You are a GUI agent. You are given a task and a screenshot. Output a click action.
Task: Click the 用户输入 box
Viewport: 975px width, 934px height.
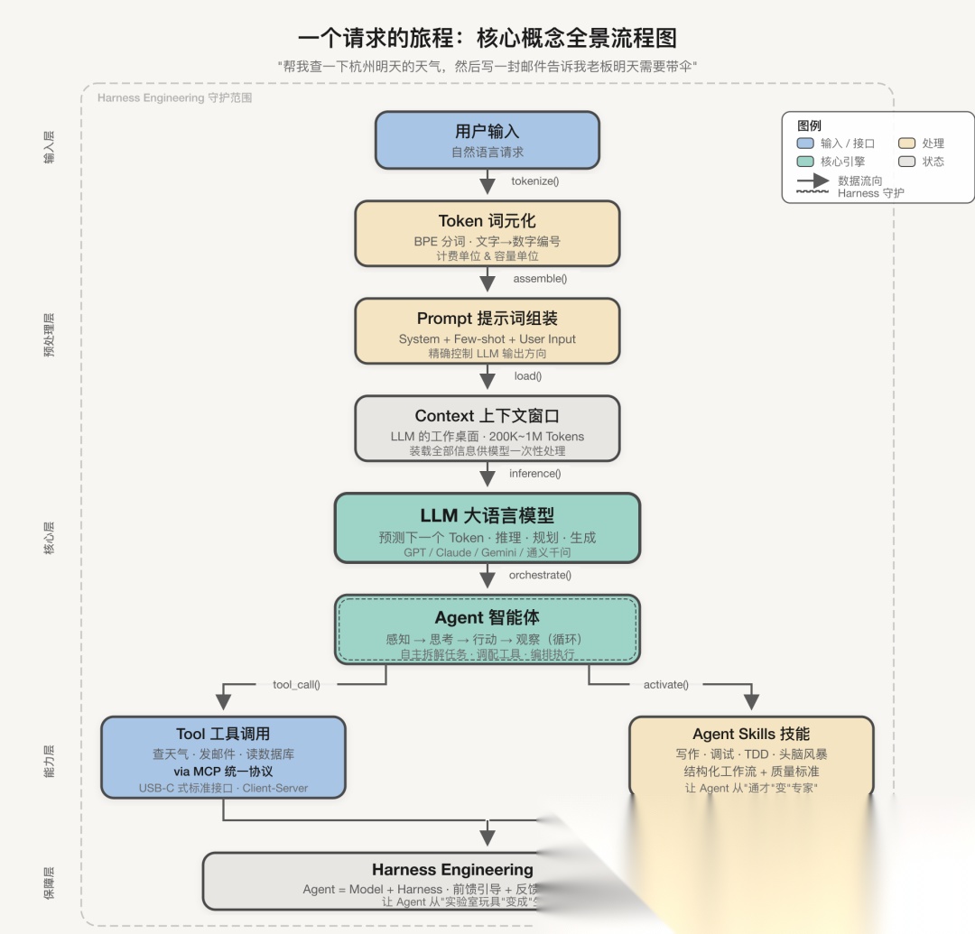487,140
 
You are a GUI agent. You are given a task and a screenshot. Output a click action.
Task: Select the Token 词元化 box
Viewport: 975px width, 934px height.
487,233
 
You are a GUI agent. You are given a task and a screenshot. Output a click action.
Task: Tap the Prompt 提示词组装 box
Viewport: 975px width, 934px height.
487,330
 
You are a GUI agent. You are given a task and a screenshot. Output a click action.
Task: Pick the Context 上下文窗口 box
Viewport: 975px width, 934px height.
487,428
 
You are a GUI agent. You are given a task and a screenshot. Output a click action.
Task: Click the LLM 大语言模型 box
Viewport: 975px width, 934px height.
487,527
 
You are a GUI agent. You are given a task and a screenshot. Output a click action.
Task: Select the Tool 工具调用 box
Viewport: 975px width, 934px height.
223,757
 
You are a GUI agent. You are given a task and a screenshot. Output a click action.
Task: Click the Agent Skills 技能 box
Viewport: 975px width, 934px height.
751,757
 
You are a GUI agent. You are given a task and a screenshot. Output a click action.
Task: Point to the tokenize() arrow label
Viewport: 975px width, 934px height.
535,181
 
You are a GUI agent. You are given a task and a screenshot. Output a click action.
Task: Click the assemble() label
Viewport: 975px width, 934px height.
540,279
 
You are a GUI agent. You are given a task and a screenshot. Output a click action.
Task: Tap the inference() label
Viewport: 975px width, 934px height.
535,474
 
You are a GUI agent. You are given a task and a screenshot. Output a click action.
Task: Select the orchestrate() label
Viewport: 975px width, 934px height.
540,575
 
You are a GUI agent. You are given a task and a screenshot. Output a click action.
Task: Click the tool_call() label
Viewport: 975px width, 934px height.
296,685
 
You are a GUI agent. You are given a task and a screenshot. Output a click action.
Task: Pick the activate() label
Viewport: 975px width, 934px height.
666,685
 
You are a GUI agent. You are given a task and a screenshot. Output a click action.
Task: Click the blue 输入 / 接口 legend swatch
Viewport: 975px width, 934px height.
805,143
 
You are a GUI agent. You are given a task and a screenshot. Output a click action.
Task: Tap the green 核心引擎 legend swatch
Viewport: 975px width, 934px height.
805,162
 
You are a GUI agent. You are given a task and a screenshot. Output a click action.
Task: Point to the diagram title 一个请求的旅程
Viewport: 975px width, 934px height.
487,38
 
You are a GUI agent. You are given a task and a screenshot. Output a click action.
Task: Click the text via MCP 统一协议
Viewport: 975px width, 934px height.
223,772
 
